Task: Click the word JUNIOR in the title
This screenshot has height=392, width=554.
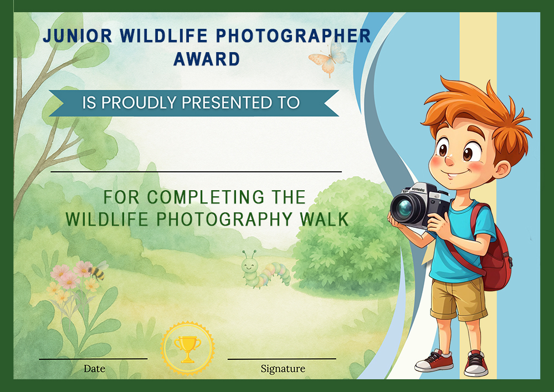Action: [x=78, y=35]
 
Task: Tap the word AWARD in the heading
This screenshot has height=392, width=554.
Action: [x=207, y=59]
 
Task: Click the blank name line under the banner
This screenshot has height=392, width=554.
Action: [x=196, y=172]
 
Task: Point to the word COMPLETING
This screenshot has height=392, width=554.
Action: [x=206, y=197]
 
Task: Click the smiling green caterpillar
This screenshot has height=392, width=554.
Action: [x=265, y=270]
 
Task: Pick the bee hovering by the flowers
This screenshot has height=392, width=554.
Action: [x=98, y=271]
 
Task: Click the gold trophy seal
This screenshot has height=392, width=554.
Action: [x=188, y=349]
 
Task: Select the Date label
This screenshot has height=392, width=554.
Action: [x=94, y=369]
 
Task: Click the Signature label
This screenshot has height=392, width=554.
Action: [x=283, y=369]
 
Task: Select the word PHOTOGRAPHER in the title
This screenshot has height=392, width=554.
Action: [x=293, y=35]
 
